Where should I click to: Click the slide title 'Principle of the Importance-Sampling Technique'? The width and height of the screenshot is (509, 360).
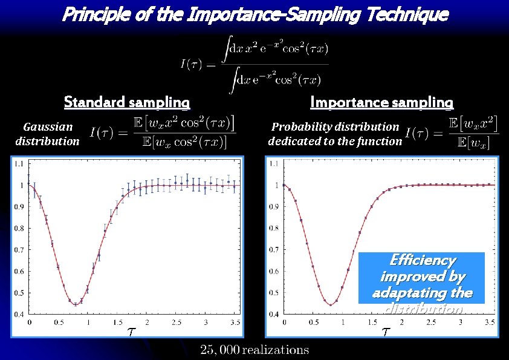254,14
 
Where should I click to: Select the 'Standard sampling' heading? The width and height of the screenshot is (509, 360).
127,102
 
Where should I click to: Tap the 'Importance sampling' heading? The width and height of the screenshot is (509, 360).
381,102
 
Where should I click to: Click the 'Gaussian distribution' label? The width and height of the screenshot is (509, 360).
47,134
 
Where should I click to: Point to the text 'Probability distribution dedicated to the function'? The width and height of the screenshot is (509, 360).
335,134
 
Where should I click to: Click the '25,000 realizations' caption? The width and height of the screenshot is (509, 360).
254,349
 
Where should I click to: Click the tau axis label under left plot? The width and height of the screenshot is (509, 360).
131,332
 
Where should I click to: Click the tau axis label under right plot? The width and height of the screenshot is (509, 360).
386,332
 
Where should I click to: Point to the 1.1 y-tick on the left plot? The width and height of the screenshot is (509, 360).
19,163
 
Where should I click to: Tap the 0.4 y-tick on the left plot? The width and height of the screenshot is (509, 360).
19,315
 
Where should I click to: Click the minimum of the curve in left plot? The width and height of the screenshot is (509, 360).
76,304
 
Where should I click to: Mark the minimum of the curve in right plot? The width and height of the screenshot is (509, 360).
330,304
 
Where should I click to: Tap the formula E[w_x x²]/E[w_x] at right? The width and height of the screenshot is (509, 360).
453,133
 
